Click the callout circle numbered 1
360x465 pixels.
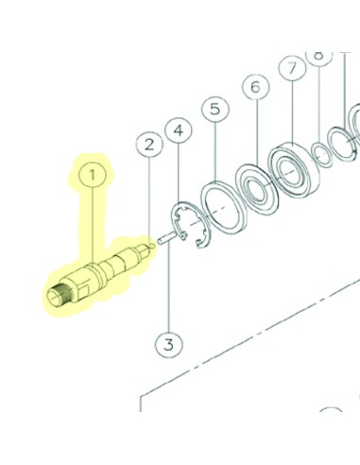click(93, 175)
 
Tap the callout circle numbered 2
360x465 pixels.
click(148, 145)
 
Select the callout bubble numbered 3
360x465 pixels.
click(168, 345)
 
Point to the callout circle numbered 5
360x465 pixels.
click(215, 110)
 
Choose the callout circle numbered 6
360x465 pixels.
click(254, 88)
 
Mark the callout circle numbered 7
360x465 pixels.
click(292, 68)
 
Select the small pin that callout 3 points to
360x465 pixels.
click(164, 238)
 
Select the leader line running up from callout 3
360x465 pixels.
click(168, 288)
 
